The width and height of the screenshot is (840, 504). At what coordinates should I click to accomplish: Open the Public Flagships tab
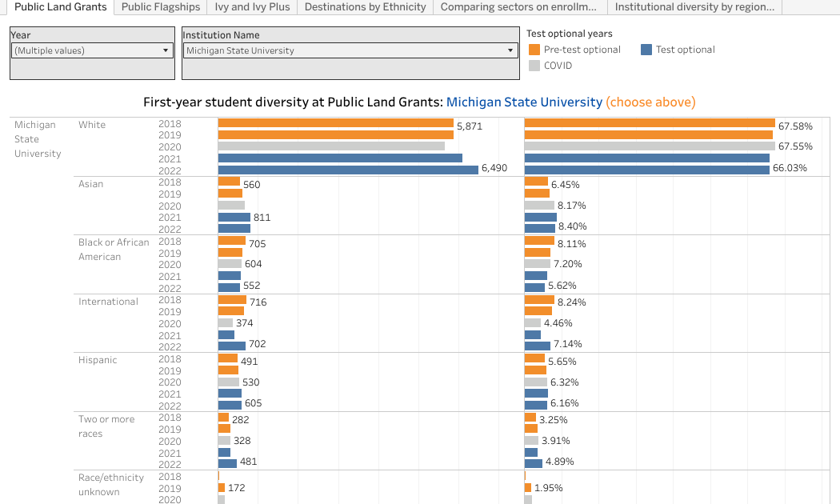(160, 7)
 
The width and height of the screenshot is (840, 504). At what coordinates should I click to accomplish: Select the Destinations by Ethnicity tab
(365, 7)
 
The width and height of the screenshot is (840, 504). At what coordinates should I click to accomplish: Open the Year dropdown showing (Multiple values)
(92, 50)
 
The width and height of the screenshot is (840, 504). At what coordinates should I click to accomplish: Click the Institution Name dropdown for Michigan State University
(350, 50)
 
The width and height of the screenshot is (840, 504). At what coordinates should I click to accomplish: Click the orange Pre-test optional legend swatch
(534, 50)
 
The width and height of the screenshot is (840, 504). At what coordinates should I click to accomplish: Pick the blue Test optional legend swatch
(646, 50)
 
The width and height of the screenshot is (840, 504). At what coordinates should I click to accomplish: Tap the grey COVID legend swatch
(534, 66)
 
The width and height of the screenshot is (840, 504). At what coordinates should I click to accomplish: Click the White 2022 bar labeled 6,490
(348, 169)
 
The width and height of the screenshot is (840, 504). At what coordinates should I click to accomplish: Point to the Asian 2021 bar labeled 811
(234, 217)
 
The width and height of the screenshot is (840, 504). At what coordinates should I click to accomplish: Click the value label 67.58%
(795, 126)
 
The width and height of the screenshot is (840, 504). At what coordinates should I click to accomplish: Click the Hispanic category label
(98, 360)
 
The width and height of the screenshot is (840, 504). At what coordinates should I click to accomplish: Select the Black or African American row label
(113, 249)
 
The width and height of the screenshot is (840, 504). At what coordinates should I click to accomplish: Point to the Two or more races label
(106, 426)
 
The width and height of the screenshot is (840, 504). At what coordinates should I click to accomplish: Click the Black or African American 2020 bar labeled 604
(230, 264)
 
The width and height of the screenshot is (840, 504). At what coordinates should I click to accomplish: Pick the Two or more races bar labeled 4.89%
(534, 462)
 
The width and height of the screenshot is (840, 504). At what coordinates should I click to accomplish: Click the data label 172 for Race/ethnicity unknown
(236, 487)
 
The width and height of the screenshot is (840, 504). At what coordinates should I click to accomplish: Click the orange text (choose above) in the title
(650, 102)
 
